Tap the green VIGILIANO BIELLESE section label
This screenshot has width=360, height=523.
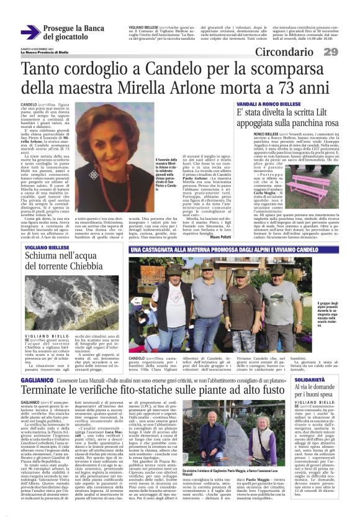pos(46,247)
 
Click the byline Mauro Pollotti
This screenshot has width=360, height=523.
pos(214,236)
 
